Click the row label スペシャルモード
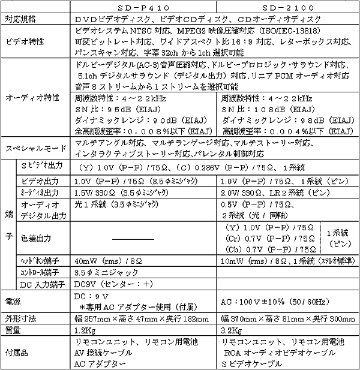[34, 148]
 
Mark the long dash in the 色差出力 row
[140, 238]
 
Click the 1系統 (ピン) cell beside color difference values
[340, 238]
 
